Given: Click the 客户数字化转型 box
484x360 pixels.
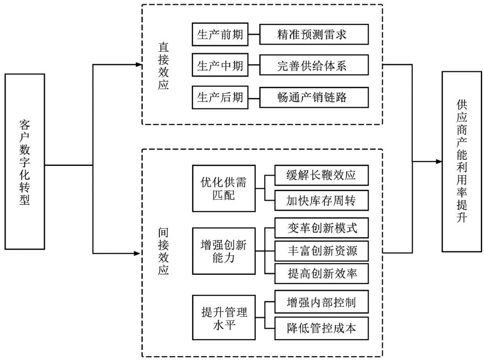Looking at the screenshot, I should pyautogui.click(x=25, y=161).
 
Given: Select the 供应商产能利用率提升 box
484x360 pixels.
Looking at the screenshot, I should pyautogui.click(x=462, y=161).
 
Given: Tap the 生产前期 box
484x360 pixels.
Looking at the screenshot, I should pyautogui.click(x=220, y=34).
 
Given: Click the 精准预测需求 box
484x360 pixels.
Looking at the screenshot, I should pyautogui.click(x=314, y=34).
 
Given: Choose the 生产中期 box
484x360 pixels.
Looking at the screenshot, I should pyautogui.click(x=220, y=66).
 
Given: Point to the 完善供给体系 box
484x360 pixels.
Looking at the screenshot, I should pyautogui.click(x=314, y=66).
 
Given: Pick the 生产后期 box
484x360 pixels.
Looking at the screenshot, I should pyautogui.click(x=220, y=97).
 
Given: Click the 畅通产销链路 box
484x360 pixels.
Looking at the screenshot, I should pyautogui.click(x=314, y=97).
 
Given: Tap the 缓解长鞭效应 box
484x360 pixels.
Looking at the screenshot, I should pyautogui.click(x=321, y=176).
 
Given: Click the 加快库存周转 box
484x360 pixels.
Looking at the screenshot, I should pyautogui.click(x=321, y=201).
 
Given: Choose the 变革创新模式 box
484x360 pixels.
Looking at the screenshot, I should pyautogui.click(x=321, y=228).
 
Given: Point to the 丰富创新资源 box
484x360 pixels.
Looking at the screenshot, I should pyautogui.click(x=321, y=251).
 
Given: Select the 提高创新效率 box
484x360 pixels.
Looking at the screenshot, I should pyautogui.click(x=321, y=274).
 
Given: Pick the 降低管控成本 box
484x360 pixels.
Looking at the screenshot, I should pyautogui.click(x=321, y=328).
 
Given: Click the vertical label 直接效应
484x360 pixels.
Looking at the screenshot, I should pyautogui.click(x=163, y=66).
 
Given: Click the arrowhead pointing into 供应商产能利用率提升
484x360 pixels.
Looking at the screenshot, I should pyautogui.click(x=439, y=161).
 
